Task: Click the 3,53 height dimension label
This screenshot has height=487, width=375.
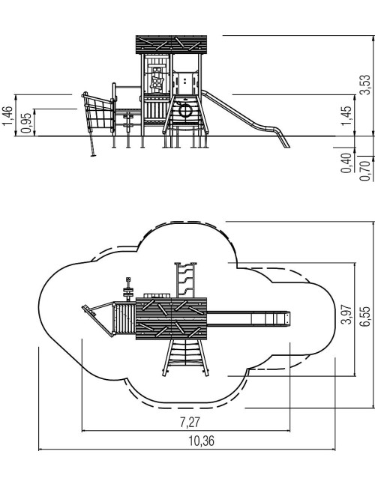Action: pyautogui.click(x=367, y=85)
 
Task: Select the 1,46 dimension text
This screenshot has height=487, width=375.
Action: pyautogui.click(x=7, y=116)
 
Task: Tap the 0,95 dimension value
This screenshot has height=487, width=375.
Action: pyautogui.click(x=26, y=123)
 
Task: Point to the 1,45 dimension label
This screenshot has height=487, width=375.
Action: pyautogui.click(x=347, y=116)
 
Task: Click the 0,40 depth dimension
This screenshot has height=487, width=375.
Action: pyautogui.click(x=346, y=163)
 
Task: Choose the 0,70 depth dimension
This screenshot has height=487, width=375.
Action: pyautogui.click(x=364, y=171)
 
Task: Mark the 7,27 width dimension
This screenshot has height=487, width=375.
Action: pyautogui.click(x=190, y=423)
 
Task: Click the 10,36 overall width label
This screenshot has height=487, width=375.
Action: pyautogui.click(x=202, y=441)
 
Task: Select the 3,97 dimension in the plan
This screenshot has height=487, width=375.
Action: pyautogui.click(x=347, y=315)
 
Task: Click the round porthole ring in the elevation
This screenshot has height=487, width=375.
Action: pyautogui.click(x=185, y=111)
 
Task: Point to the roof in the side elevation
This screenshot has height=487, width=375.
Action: pyautogui.click(x=171, y=44)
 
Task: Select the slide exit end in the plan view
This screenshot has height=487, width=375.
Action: pyautogui.click(x=286, y=318)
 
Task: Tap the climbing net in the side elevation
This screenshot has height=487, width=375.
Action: pyautogui.click(x=98, y=113)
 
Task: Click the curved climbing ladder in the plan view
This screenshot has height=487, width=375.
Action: pyautogui.click(x=186, y=280)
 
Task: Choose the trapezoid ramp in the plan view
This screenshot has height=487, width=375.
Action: pyautogui.click(x=186, y=358)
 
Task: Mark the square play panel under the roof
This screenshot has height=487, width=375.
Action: pyautogui.click(x=157, y=82)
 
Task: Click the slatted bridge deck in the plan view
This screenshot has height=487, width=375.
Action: pyautogui.click(x=124, y=318)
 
